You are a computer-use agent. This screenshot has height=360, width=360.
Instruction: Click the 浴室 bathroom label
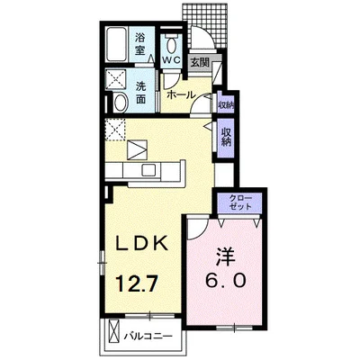[139, 44]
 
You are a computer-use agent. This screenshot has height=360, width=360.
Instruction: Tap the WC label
[171, 59]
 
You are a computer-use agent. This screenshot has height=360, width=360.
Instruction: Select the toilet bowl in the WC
[172, 44]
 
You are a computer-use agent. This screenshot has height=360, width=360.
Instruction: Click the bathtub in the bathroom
[117, 44]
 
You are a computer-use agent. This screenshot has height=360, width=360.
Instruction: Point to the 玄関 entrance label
[200, 63]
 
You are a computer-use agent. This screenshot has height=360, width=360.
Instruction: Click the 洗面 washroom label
[140, 93]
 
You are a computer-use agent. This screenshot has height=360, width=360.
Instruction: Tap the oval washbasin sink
[121, 103]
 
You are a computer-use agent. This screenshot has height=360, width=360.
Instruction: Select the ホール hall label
[181, 95]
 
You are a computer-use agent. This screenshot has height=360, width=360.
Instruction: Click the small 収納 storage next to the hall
[226, 105]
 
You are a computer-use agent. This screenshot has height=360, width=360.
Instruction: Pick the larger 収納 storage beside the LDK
[227, 138]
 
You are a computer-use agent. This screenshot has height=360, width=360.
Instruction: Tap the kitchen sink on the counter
[148, 170]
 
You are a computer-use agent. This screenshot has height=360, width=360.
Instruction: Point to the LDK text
[141, 243]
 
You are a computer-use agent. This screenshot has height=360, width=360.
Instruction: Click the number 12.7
[137, 283]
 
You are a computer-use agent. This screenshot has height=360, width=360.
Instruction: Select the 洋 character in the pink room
[226, 257]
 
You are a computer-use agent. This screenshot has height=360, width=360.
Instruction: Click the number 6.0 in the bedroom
[226, 281]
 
